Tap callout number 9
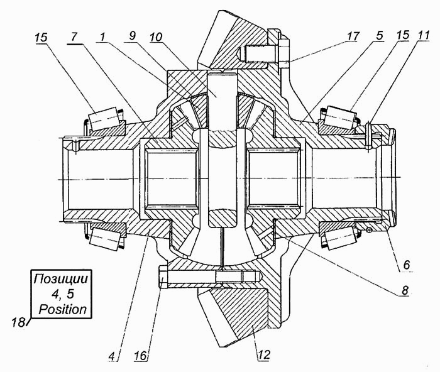coord(132,36)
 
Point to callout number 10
coord(157,36)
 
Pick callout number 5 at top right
coord(380,36)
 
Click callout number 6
coord(407,265)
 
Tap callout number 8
coord(405,290)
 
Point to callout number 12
coord(263,354)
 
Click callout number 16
coord(141,356)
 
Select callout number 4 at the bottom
coord(112,356)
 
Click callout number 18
coord(18,322)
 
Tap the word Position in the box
coord(63,309)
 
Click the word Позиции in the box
coord(61,279)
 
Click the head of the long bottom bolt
coord(163,277)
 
